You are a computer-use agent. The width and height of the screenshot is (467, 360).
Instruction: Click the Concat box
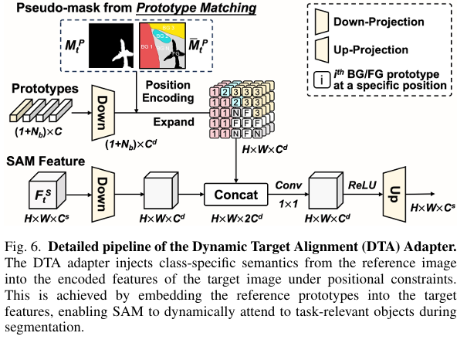[x=235, y=190]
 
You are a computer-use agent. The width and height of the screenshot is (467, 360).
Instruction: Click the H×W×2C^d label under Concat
[x=235, y=219]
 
